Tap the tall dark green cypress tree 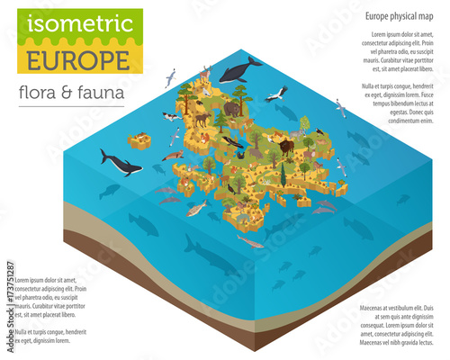(x=282, y=175)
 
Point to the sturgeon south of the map (x=250, y=241)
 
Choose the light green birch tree (x=304, y=122)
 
